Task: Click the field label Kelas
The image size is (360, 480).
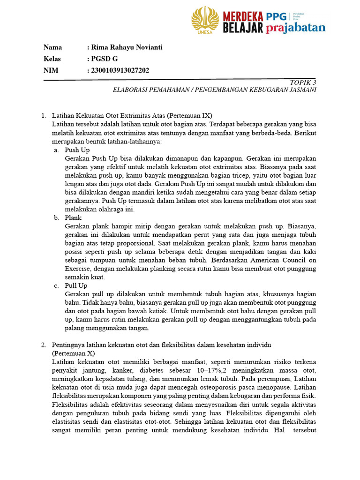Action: pyautogui.click(x=52, y=59)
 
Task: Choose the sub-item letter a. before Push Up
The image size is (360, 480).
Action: pyautogui.click(x=56, y=150)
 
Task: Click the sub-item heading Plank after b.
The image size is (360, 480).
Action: pyautogui.click(x=73, y=217)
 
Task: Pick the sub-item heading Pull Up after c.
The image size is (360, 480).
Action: pyautogui.click(x=76, y=285)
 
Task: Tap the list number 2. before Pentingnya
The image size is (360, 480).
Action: pyautogui.click(x=44, y=345)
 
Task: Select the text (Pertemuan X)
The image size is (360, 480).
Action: pyautogui.click(x=73, y=353)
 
